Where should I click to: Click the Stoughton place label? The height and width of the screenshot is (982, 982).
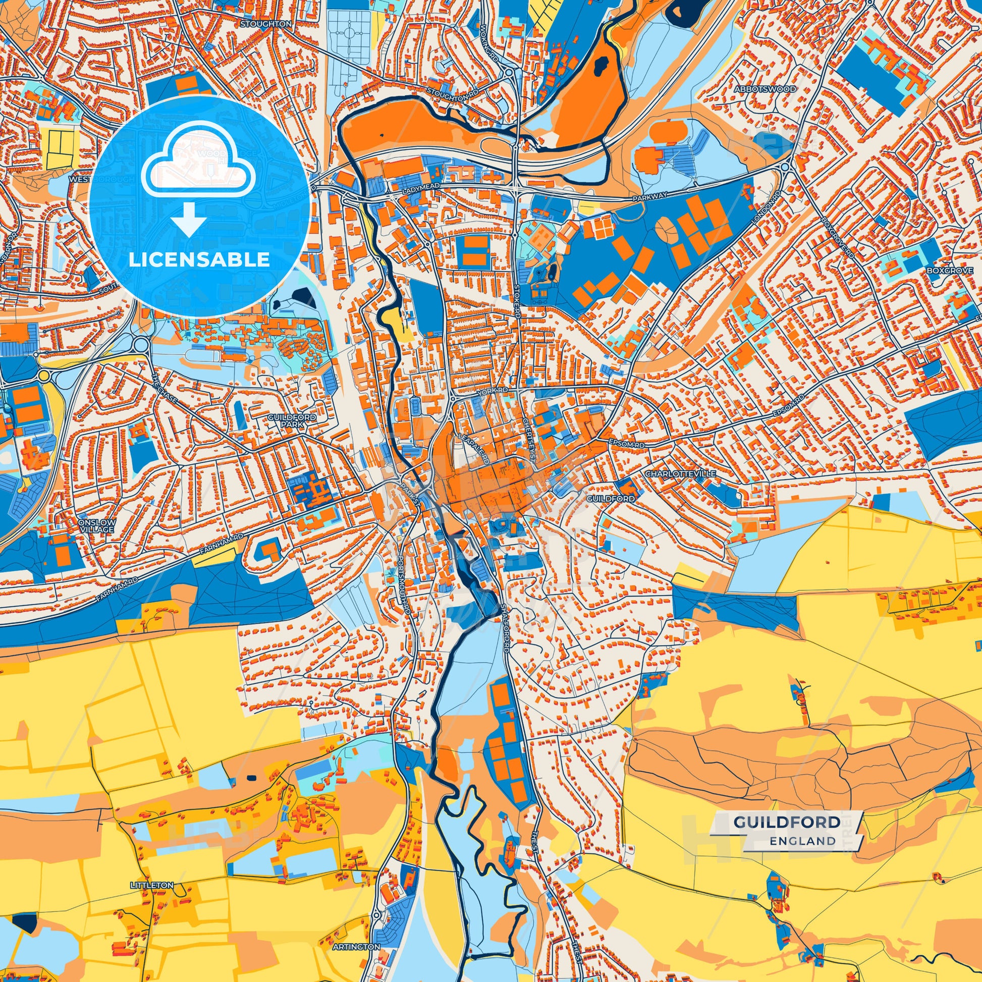tap(266, 24)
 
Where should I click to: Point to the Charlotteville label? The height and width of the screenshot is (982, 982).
tap(680, 473)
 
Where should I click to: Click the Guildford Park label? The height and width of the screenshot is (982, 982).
tap(292, 420)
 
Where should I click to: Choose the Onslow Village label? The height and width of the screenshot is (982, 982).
tap(96, 525)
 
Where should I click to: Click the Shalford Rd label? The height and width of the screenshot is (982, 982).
tap(505, 628)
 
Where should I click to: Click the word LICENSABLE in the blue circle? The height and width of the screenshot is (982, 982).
tap(199, 260)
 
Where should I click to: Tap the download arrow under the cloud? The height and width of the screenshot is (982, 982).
tap(188, 220)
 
